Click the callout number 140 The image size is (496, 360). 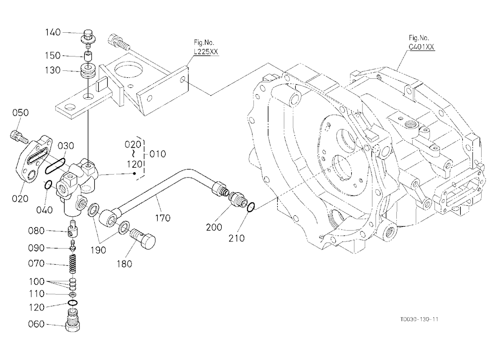53,32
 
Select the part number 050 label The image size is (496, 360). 20,113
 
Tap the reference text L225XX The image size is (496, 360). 206,52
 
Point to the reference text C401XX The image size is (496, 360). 421,47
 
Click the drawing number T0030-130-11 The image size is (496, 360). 419,319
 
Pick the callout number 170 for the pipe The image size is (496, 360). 163,218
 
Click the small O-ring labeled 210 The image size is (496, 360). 250,207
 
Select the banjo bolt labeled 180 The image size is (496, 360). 143,237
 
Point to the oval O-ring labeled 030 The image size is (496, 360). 55,166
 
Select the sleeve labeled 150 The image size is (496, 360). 88,57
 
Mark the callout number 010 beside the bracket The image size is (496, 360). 158,154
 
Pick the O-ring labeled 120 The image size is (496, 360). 73,303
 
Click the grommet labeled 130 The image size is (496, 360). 88,71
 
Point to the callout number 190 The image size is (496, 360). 98,250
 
